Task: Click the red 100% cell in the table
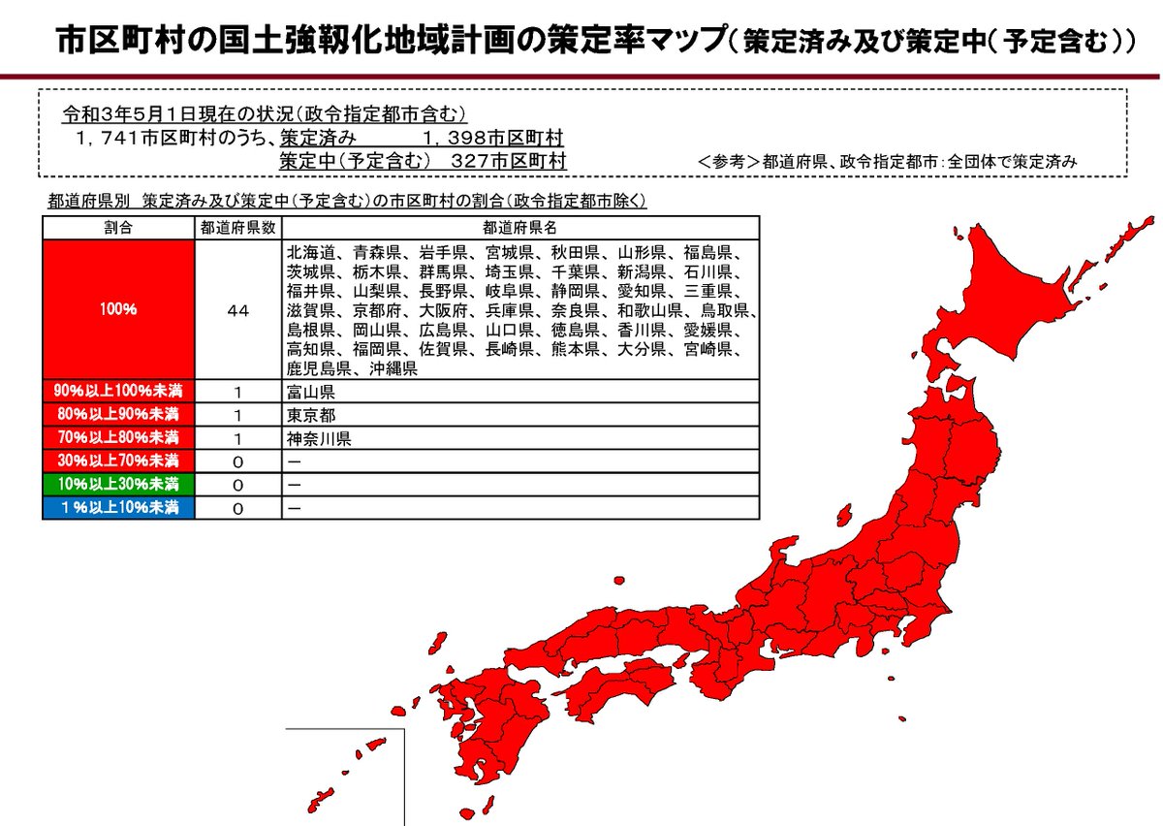click(117, 310)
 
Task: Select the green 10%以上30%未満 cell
click(117, 484)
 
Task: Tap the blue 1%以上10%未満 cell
click(117, 507)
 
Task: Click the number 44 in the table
click(237, 310)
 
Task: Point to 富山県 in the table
click(307, 393)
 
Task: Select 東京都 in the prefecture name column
click(307, 416)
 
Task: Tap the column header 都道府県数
click(237, 228)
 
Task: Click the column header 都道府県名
click(520, 228)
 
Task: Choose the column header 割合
click(117, 228)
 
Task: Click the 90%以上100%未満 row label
click(117, 392)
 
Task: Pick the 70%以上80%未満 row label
click(117, 438)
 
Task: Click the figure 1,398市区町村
click(493, 138)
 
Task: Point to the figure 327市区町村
click(509, 160)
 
